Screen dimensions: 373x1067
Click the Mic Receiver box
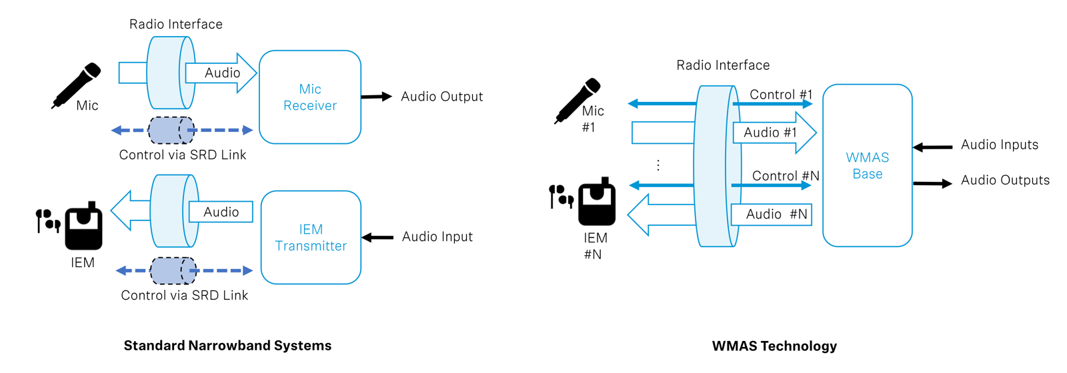tap(309, 97)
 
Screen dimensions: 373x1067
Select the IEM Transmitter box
tap(311, 237)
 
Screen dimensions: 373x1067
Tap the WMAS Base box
tap(867, 165)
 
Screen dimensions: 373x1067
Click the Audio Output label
tap(441, 97)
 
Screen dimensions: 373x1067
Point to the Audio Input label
tap(437, 236)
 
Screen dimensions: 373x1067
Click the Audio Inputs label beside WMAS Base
tap(999, 145)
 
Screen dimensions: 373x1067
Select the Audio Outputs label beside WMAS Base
tap(1004, 180)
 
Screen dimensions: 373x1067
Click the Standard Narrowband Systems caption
tap(227, 346)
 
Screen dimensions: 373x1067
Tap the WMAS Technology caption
tap(774, 346)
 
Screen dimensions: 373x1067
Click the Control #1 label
tap(781, 95)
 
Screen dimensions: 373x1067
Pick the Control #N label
tap(786, 176)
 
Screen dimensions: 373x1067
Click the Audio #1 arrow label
tap(770, 133)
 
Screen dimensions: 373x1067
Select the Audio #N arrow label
tap(776, 214)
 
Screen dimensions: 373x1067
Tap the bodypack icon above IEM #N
tap(597, 202)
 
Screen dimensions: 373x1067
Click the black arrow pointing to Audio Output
tap(376, 97)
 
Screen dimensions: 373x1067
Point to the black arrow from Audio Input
tap(377, 237)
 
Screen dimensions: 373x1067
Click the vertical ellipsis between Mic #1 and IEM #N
tap(658, 165)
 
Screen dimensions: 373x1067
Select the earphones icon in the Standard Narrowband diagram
tap(48, 220)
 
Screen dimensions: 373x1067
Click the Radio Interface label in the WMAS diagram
tap(723, 65)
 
